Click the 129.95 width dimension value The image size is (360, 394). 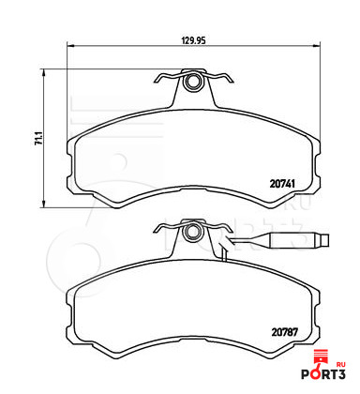193,40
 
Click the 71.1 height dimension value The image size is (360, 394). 38,139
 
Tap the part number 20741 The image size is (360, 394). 282,184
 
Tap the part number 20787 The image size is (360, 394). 284,332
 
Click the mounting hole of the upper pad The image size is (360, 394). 193,82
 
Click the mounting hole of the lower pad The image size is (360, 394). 193,233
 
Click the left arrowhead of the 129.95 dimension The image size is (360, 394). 70,46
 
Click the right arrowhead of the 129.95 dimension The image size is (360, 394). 316,46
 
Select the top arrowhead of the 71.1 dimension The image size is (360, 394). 44,72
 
